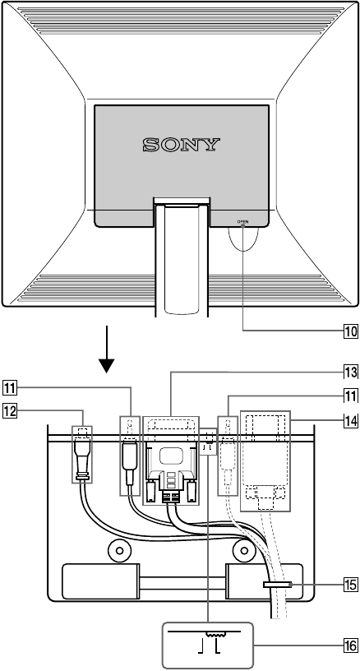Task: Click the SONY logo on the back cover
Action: point(182,145)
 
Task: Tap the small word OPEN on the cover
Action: point(242,222)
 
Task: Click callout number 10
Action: point(351,331)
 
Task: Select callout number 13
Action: point(351,373)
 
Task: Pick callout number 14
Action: point(351,421)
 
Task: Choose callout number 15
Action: point(351,584)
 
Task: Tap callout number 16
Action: point(351,646)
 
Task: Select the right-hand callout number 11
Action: point(351,396)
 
